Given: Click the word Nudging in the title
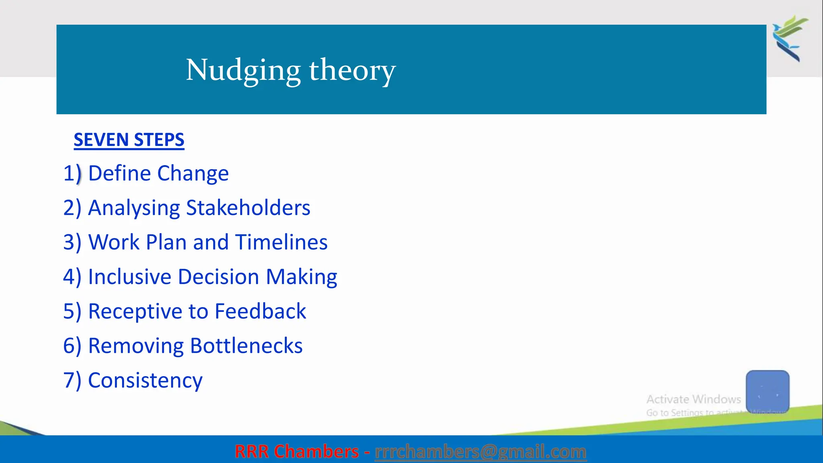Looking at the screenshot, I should point(243,70).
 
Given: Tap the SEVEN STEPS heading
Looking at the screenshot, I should point(129,140).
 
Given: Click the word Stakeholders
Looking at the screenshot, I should point(248,208).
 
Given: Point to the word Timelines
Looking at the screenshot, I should point(281,242).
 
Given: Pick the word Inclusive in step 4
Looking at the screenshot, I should point(129,277).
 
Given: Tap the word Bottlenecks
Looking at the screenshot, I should point(246,346).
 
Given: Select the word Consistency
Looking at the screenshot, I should point(145,381).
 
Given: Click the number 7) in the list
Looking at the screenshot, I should point(72,381).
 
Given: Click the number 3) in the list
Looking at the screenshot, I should point(72,242).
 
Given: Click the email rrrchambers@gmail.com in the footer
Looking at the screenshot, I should point(480,451).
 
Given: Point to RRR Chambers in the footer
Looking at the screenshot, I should point(296,451).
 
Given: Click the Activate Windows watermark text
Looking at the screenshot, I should point(693,399).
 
